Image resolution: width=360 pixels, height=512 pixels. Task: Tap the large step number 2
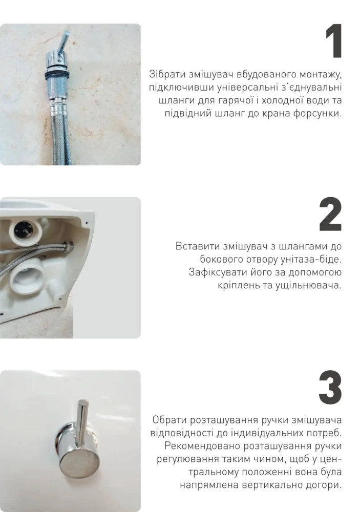(330, 214)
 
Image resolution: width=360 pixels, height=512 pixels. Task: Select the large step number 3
(330, 387)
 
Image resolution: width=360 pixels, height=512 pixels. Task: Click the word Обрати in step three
(169, 420)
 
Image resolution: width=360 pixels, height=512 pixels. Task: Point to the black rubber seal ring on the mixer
(57, 74)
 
